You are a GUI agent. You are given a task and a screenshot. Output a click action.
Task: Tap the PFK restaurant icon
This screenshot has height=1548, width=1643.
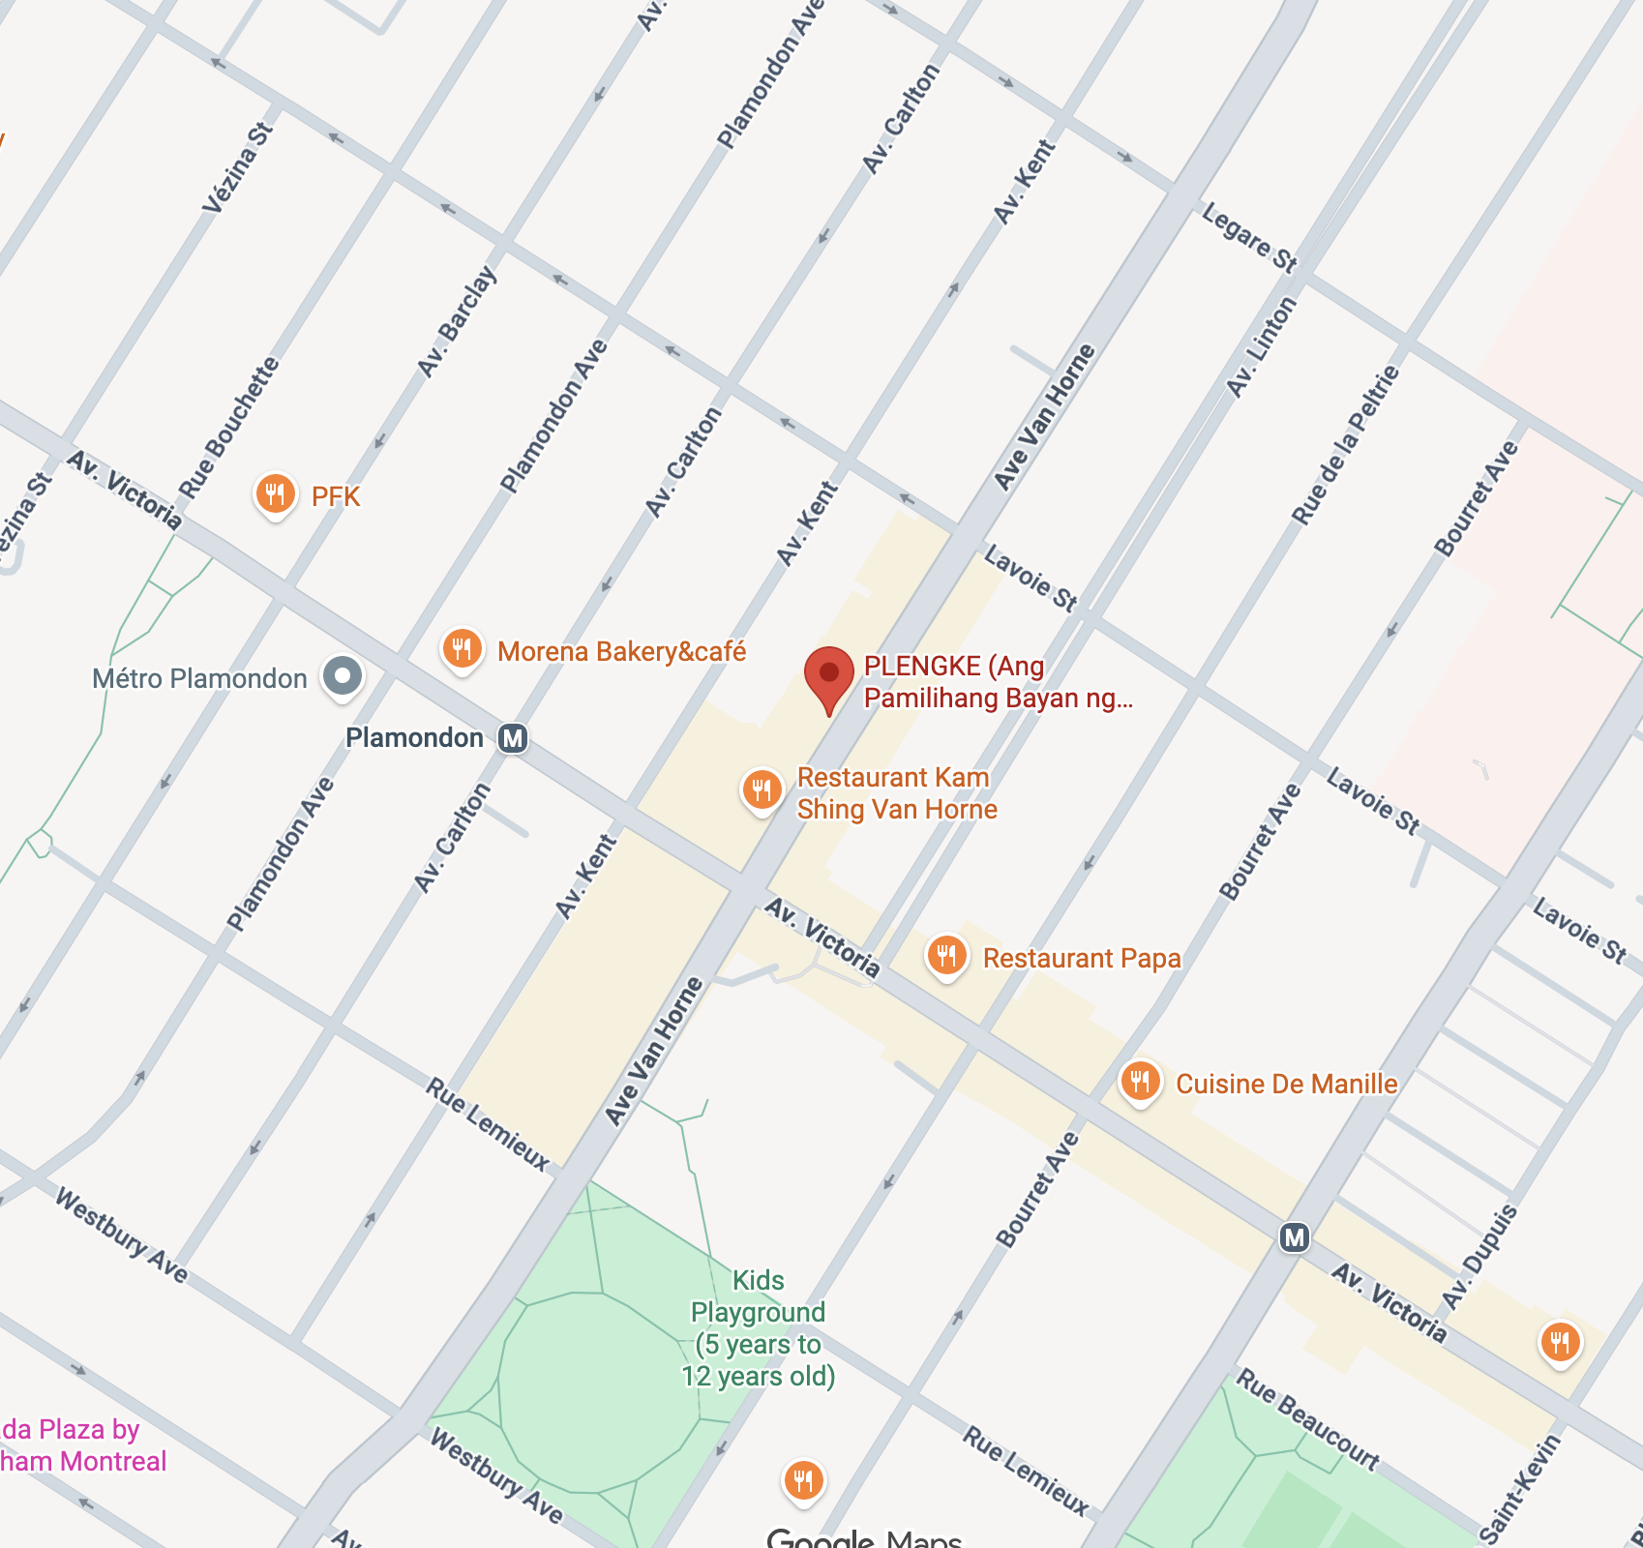click(x=275, y=494)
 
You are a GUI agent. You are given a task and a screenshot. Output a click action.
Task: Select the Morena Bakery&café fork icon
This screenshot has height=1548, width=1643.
click(x=463, y=649)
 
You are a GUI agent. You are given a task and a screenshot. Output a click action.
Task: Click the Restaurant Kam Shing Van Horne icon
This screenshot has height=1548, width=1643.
click(x=762, y=790)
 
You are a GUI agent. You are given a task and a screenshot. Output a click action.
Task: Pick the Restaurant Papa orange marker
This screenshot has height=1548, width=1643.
click(x=947, y=957)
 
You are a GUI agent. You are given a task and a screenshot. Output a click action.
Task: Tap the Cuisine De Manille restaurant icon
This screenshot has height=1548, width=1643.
click(x=1141, y=1082)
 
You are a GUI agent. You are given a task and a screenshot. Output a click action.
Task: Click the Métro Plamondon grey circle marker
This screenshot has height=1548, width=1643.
click(x=343, y=675)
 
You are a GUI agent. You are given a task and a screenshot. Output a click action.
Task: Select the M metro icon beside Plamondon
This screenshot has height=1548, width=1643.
click(x=513, y=738)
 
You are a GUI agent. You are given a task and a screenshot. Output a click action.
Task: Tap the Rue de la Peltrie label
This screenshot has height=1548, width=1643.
click(x=1346, y=446)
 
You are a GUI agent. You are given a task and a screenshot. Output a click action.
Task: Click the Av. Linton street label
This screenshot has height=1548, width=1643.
click(x=1261, y=347)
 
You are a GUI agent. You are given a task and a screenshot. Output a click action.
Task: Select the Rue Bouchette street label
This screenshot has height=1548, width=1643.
click(x=230, y=428)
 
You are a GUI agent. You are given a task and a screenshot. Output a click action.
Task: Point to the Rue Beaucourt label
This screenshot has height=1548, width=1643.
click(x=1307, y=1420)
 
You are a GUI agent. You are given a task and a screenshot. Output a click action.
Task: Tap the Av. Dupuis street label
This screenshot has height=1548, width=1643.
click(x=1479, y=1257)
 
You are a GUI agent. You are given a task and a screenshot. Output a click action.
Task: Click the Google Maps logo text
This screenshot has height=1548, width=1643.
click(x=863, y=1536)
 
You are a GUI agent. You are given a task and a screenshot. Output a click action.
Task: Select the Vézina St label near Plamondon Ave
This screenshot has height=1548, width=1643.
click(x=238, y=166)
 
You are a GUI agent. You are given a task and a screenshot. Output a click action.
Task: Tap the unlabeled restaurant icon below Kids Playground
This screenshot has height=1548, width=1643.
click(x=803, y=1480)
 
